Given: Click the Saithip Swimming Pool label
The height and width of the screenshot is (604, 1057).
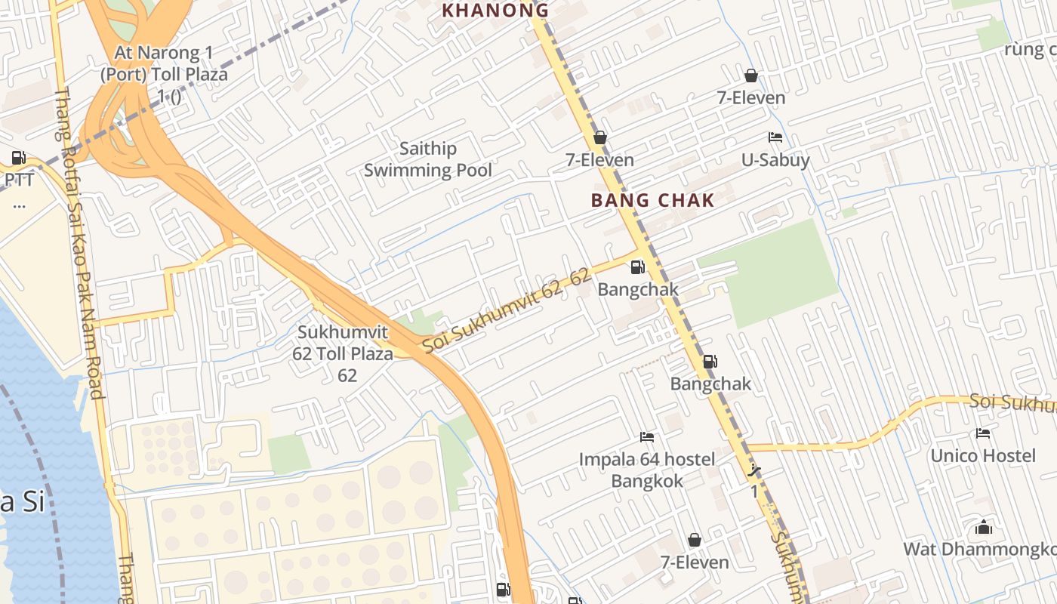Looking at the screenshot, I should pyautogui.click(x=427, y=159).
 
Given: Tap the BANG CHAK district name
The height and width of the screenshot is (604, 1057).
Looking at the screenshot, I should pyautogui.click(x=652, y=200).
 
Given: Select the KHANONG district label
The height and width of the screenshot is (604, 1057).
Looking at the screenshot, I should pyautogui.click(x=495, y=10).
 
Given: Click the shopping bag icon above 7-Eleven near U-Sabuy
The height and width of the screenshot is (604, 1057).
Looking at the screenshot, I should pyautogui.click(x=750, y=75).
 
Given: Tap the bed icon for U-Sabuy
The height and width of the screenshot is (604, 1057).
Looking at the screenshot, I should pyautogui.click(x=775, y=137).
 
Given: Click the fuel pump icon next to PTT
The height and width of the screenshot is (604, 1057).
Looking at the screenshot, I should pyautogui.click(x=18, y=158).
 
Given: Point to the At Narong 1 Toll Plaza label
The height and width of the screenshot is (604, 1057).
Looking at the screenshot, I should pyautogui.click(x=164, y=74).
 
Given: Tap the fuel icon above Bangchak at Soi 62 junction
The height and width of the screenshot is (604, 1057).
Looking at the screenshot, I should pyautogui.click(x=637, y=267).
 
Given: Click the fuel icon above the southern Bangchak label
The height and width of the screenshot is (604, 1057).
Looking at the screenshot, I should pyautogui.click(x=710, y=362).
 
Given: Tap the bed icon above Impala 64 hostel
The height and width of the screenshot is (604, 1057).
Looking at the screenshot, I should pyautogui.click(x=646, y=437).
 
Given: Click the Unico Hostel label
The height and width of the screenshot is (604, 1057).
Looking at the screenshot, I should pyautogui.click(x=982, y=455).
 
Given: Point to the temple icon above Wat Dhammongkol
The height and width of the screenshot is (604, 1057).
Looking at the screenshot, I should pyautogui.click(x=983, y=527).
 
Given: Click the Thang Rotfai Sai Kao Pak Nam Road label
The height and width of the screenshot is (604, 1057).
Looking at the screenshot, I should pyautogui.click(x=79, y=242).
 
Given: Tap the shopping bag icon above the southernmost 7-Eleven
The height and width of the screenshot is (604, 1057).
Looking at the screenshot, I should pyautogui.click(x=694, y=540).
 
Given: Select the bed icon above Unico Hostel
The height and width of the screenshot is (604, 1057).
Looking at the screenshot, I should pyautogui.click(x=982, y=433).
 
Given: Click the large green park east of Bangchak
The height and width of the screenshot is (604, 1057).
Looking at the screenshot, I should pyautogui.click(x=781, y=272).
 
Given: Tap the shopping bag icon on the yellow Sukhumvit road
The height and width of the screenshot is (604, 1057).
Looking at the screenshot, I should pyautogui.click(x=599, y=137).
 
